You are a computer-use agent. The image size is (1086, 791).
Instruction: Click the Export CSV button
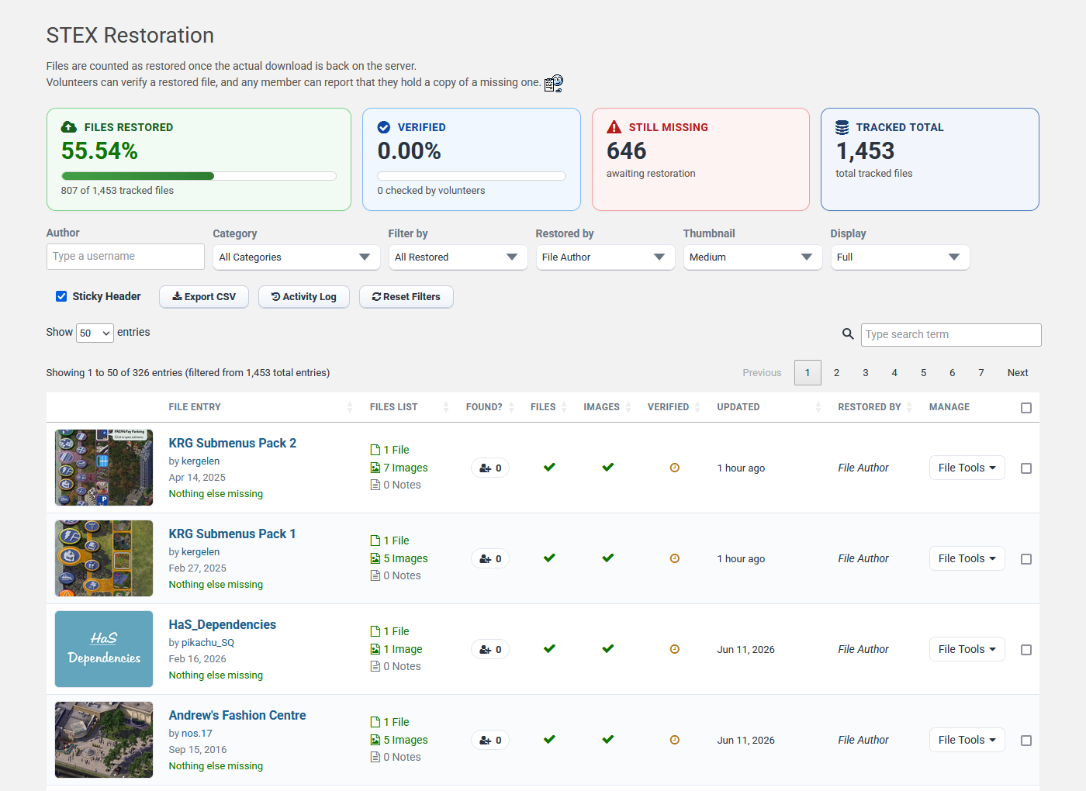pyautogui.click(x=203, y=296)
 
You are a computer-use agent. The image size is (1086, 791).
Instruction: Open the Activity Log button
pyautogui.click(x=303, y=296)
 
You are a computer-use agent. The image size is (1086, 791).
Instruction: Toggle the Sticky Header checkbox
pyautogui.click(x=61, y=296)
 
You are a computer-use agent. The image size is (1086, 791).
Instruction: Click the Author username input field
pyautogui.click(x=125, y=257)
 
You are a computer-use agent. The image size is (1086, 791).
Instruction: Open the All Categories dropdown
pyautogui.click(x=296, y=257)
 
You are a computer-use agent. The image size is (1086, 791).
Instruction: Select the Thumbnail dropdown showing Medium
pyautogui.click(x=752, y=257)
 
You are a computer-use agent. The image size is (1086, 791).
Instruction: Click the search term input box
pyautogui.click(x=951, y=334)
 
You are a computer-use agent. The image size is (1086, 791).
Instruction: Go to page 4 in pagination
pyautogui.click(x=894, y=373)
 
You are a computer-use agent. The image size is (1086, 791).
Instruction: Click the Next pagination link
pyautogui.click(x=1017, y=373)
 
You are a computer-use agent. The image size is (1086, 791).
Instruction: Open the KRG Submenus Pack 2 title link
pyautogui.click(x=232, y=443)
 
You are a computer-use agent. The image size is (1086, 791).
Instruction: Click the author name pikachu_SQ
pyautogui.click(x=208, y=642)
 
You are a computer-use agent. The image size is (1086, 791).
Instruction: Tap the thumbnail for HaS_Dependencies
pyautogui.click(x=104, y=648)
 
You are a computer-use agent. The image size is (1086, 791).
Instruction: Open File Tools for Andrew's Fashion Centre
pyautogui.click(x=967, y=740)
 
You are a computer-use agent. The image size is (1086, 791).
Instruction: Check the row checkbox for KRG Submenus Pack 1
pyautogui.click(x=1025, y=559)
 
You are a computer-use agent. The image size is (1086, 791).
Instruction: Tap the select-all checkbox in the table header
pyautogui.click(x=1025, y=408)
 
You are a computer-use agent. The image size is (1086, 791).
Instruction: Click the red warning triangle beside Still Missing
pyautogui.click(x=614, y=127)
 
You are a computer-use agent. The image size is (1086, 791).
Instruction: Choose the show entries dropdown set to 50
pyautogui.click(x=95, y=333)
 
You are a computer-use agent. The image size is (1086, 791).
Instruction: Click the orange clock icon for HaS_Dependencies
pyautogui.click(x=674, y=649)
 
